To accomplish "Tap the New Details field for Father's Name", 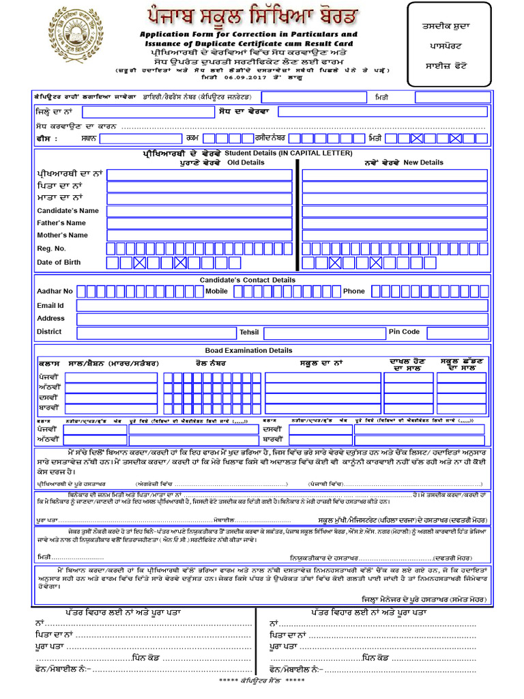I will tap(394, 223).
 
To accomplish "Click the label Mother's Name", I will tap(63, 235).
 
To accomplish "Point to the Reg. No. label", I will tap(52, 248).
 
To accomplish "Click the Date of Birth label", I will tap(59, 262).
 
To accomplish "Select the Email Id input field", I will tap(282, 305).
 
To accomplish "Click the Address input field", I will tap(282, 318).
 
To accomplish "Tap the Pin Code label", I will tap(404, 332).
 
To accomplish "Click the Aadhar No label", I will tap(55, 291).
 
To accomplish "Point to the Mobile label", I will tap(216, 291).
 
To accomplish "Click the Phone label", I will tap(354, 291).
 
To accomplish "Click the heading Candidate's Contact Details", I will tap(248, 280).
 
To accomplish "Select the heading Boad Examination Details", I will tap(248, 350).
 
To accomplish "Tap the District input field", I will tap(156, 332).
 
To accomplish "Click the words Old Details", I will tap(246, 162).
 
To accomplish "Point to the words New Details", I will tap(423, 162).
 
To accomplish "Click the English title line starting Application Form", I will tap(248, 33).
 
